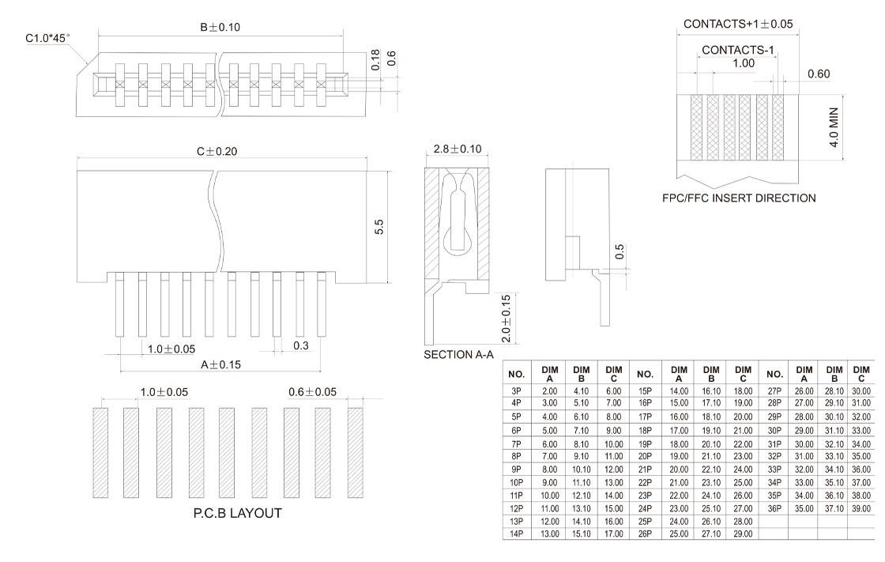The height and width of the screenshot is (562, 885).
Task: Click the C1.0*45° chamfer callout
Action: (48, 37)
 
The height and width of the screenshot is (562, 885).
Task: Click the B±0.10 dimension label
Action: (220, 27)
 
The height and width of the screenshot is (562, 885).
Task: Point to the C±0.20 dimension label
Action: (221, 151)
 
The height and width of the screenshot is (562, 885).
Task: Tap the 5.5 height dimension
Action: (379, 226)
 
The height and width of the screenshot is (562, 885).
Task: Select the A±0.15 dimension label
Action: (221, 364)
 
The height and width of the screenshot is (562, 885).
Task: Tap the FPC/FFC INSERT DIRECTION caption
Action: (739, 198)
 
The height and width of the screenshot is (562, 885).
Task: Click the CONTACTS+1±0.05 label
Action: (738, 24)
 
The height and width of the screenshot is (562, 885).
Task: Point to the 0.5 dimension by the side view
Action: (620, 251)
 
